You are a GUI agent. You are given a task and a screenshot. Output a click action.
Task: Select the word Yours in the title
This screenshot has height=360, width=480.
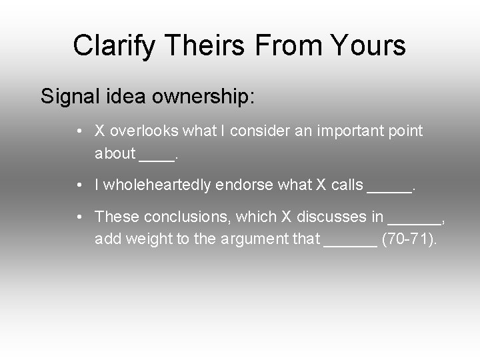[369, 46]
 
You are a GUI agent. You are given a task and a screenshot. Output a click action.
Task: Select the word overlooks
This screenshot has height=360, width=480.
[142, 131]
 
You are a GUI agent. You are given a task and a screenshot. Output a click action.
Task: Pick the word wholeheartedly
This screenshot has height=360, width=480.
[159, 185]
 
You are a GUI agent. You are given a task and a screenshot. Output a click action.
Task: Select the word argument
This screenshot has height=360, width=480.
[259, 239]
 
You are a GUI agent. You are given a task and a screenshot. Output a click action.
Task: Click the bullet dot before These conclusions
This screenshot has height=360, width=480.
[79, 217]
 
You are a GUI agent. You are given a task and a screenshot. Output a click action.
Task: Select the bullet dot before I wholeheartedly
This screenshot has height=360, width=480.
[79, 185]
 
